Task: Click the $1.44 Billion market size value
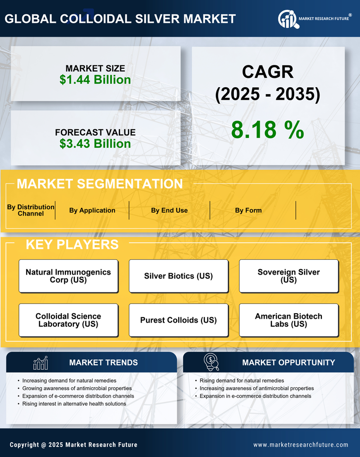coord(95,80)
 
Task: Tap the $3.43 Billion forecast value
coord(95,144)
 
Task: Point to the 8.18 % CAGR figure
coord(267,130)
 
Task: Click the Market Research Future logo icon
coord(287,19)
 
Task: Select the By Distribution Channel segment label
coord(31,210)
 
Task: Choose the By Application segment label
coord(92,210)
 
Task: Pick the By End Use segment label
coord(169,210)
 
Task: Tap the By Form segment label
coord(248,210)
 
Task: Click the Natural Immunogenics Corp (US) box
coord(68,276)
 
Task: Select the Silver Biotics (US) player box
coord(178,276)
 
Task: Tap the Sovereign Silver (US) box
coord(289,276)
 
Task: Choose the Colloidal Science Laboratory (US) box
coord(68,320)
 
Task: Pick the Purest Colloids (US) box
coord(178,320)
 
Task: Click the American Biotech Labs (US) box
coord(289,320)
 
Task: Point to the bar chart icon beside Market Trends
coord(41,363)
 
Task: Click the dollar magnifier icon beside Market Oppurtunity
coord(211,362)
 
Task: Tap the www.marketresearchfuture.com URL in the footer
coord(301,445)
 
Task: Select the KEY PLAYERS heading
coord(72,244)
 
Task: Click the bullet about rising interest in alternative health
coord(74,404)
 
